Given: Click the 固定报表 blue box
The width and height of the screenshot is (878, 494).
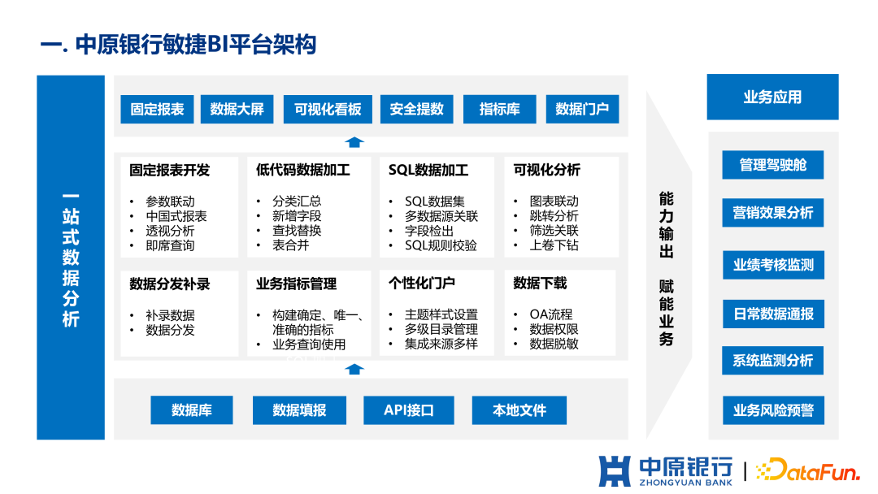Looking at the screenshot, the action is click(x=157, y=109).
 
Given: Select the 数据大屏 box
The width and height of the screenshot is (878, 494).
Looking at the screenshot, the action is click(x=237, y=109).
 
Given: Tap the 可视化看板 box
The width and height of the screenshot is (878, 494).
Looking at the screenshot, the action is click(x=328, y=109).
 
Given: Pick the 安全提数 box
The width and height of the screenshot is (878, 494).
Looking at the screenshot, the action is click(x=416, y=109).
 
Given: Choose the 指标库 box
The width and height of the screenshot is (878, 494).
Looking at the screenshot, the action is click(x=499, y=109).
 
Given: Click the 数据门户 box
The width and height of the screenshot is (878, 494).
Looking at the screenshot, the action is click(x=582, y=109).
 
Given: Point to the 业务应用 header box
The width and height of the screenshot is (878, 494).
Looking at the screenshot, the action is click(x=772, y=97).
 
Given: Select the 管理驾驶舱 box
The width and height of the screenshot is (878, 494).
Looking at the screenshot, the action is click(x=772, y=165).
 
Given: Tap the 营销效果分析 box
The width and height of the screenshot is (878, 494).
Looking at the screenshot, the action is click(x=772, y=213).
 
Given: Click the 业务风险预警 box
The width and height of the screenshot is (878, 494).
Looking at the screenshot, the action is click(x=772, y=409).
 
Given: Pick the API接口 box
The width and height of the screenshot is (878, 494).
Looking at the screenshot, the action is click(x=409, y=410).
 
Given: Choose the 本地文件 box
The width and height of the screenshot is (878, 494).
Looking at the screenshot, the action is click(x=519, y=410).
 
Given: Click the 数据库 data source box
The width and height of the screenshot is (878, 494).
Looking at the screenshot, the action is click(x=192, y=410).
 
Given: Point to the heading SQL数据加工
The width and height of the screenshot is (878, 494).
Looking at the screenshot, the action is click(x=428, y=171).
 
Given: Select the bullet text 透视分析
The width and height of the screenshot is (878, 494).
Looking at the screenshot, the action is click(x=170, y=231).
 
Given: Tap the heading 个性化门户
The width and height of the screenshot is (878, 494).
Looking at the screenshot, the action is click(x=422, y=284).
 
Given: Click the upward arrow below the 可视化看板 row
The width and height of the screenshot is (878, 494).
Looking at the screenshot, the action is click(x=354, y=142).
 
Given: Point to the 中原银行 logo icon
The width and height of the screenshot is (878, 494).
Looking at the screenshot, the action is click(x=615, y=470).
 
